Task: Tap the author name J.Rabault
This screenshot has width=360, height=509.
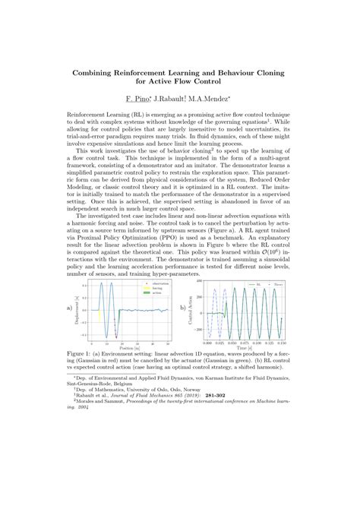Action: [175, 100]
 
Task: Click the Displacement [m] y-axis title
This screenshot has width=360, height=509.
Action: [77, 308]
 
